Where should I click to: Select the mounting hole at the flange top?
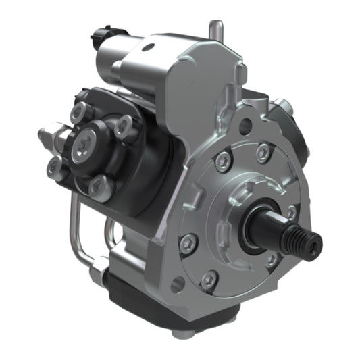(246, 126)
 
